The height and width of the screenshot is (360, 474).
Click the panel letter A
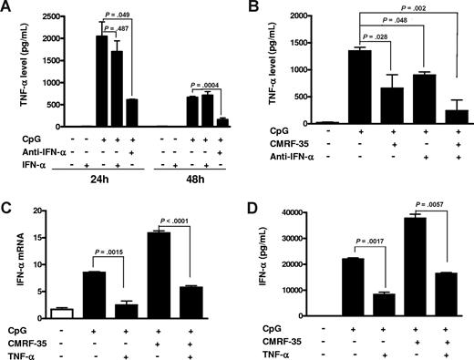tap(7, 7)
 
